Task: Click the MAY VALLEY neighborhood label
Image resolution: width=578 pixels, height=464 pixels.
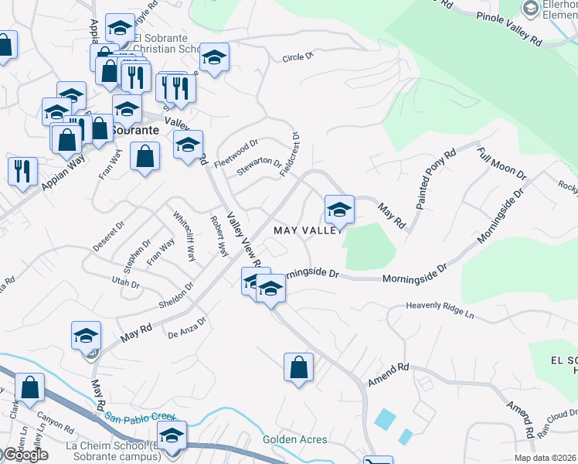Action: pyautogui.click(x=307, y=230)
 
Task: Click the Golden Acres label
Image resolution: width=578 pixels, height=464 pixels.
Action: pyautogui.click(x=294, y=440)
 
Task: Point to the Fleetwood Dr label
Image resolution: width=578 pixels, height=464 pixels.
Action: pyautogui.click(x=236, y=147)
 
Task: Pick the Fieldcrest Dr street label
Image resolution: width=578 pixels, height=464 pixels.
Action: pyautogui.click(x=290, y=153)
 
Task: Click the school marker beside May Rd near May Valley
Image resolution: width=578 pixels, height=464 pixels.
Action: pyautogui.click(x=338, y=209)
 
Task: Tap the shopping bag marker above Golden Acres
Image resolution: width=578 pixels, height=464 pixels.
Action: pyautogui.click(x=298, y=367)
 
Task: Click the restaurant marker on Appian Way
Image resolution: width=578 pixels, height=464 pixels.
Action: pyautogui.click(x=22, y=169)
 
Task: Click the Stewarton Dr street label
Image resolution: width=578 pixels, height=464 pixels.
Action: pyautogui.click(x=259, y=166)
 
